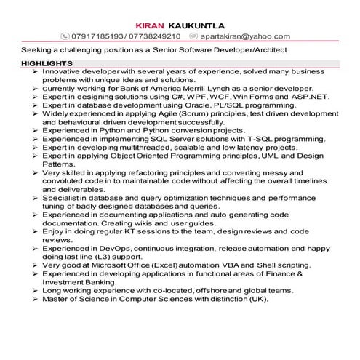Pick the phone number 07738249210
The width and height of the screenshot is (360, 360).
156,35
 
